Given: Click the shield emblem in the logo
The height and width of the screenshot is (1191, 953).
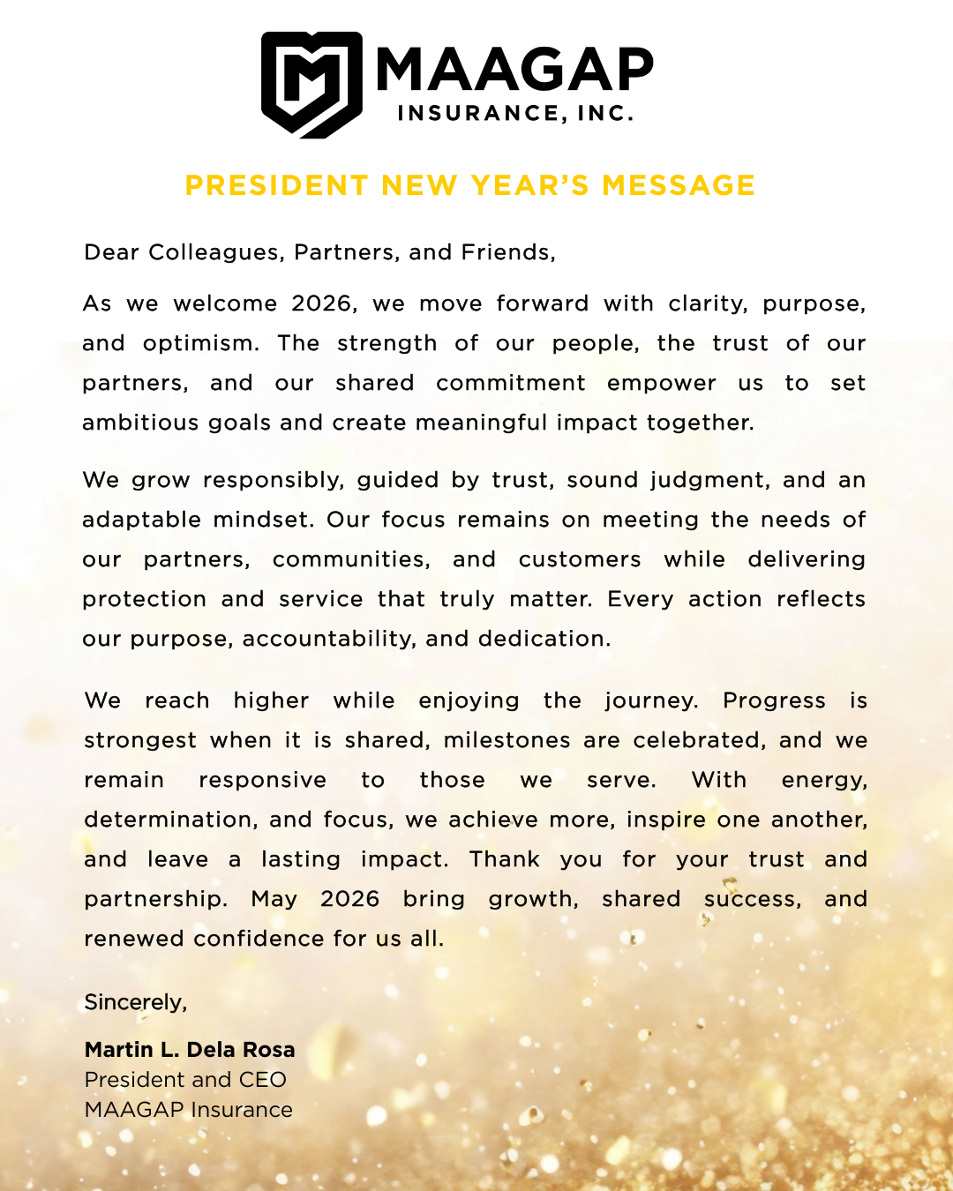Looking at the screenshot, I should pyautogui.click(x=311, y=85).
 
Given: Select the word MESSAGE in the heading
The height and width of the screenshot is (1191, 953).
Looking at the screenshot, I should pyautogui.click(x=679, y=185).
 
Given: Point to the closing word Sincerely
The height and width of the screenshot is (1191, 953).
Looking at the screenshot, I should pyautogui.click(x=134, y=1002).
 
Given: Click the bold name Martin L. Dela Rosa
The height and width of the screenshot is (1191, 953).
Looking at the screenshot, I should pyautogui.click(x=190, y=1050).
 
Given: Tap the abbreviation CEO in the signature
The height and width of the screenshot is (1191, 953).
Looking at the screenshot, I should pyautogui.click(x=262, y=1080).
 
